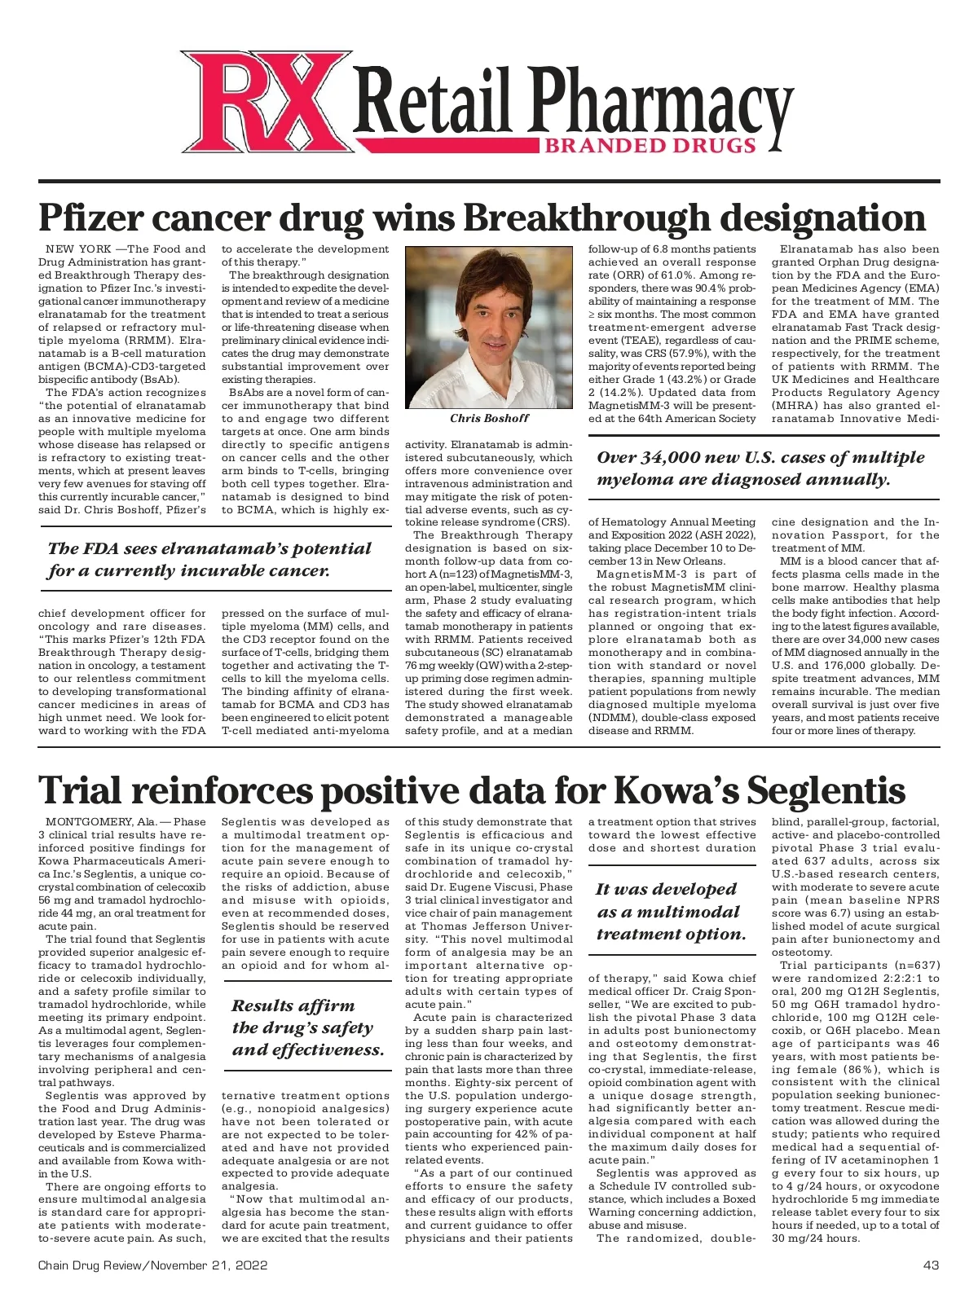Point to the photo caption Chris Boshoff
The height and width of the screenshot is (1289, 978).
(x=489, y=418)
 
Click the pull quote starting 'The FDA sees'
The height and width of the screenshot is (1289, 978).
(x=209, y=560)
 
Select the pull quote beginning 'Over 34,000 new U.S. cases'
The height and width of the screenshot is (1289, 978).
(x=760, y=469)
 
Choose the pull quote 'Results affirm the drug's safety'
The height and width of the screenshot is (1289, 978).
(x=307, y=1027)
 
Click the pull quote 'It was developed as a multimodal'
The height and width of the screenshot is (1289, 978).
(x=671, y=912)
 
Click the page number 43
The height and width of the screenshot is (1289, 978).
(x=931, y=1265)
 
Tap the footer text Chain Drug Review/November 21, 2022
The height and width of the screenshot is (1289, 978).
(x=152, y=1265)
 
